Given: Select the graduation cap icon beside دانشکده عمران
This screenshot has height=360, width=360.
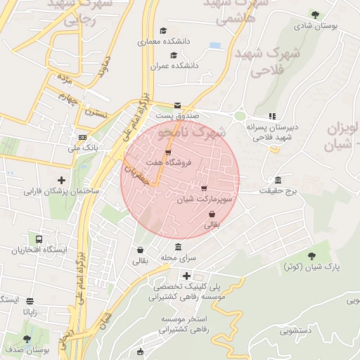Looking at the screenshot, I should [174, 56].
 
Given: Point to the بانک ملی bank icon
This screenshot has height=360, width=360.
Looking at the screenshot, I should [83, 138].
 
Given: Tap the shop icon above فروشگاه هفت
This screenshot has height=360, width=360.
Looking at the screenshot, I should [168, 152].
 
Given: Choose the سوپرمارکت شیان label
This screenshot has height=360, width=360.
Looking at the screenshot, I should [204, 200].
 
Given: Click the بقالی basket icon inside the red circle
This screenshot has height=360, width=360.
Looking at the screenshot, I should [212, 214].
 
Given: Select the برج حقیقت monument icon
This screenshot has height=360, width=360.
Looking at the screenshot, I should [278, 180].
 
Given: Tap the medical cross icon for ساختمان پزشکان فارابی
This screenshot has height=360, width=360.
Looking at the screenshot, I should [62, 181].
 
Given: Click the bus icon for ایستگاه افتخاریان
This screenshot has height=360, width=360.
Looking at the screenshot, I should [38, 240].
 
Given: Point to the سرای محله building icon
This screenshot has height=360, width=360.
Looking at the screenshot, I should [178, 247].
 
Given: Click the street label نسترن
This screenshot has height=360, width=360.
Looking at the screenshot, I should [96, 112].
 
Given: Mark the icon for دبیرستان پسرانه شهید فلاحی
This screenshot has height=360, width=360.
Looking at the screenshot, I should [272, 117].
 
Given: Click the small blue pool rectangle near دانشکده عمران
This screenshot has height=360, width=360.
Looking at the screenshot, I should [215, 46].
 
